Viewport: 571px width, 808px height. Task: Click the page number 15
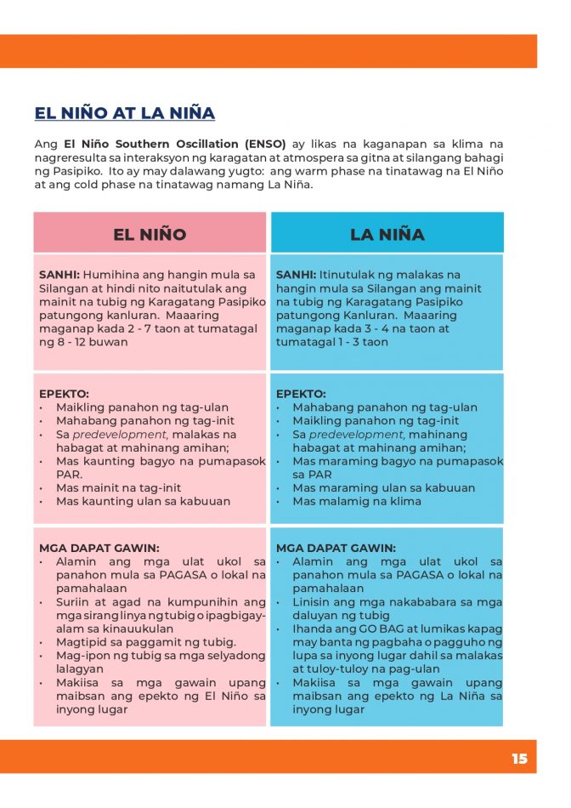[519, 759]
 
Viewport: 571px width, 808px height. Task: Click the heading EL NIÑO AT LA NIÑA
[125, 113]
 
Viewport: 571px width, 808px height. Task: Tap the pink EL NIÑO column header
[150, 234]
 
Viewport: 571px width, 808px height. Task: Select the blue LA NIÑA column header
[387, 234]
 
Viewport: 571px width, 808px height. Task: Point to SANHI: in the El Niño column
[59, 275]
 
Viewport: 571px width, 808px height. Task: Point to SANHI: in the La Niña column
[296, 275]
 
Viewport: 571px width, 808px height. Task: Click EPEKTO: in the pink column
[64, 394]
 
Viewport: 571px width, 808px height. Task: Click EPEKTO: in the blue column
[301, 394]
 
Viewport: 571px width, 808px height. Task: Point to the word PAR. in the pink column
[69, 475]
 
